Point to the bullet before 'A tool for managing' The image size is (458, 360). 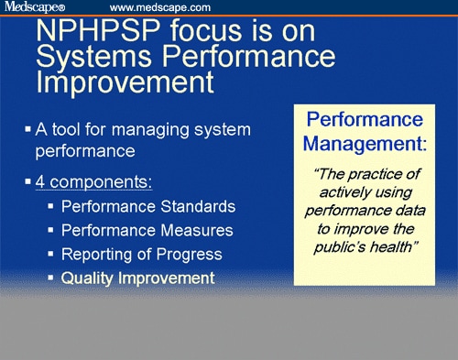tap(27, 126)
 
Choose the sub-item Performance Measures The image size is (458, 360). tap(147, 229)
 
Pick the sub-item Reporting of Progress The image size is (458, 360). tap(138, 253)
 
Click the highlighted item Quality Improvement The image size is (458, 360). tap(138, 277)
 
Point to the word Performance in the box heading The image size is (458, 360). tap(351, 121)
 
